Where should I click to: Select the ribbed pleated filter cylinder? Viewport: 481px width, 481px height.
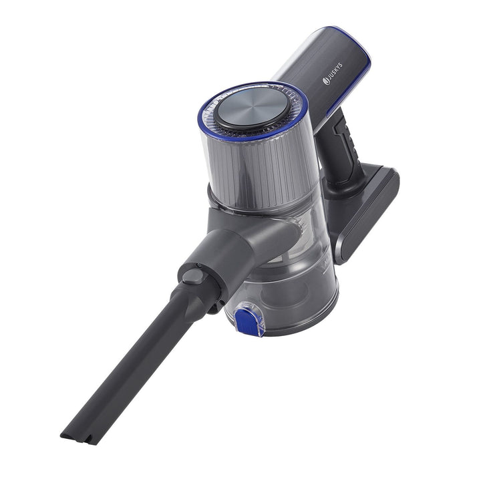[259, 172]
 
